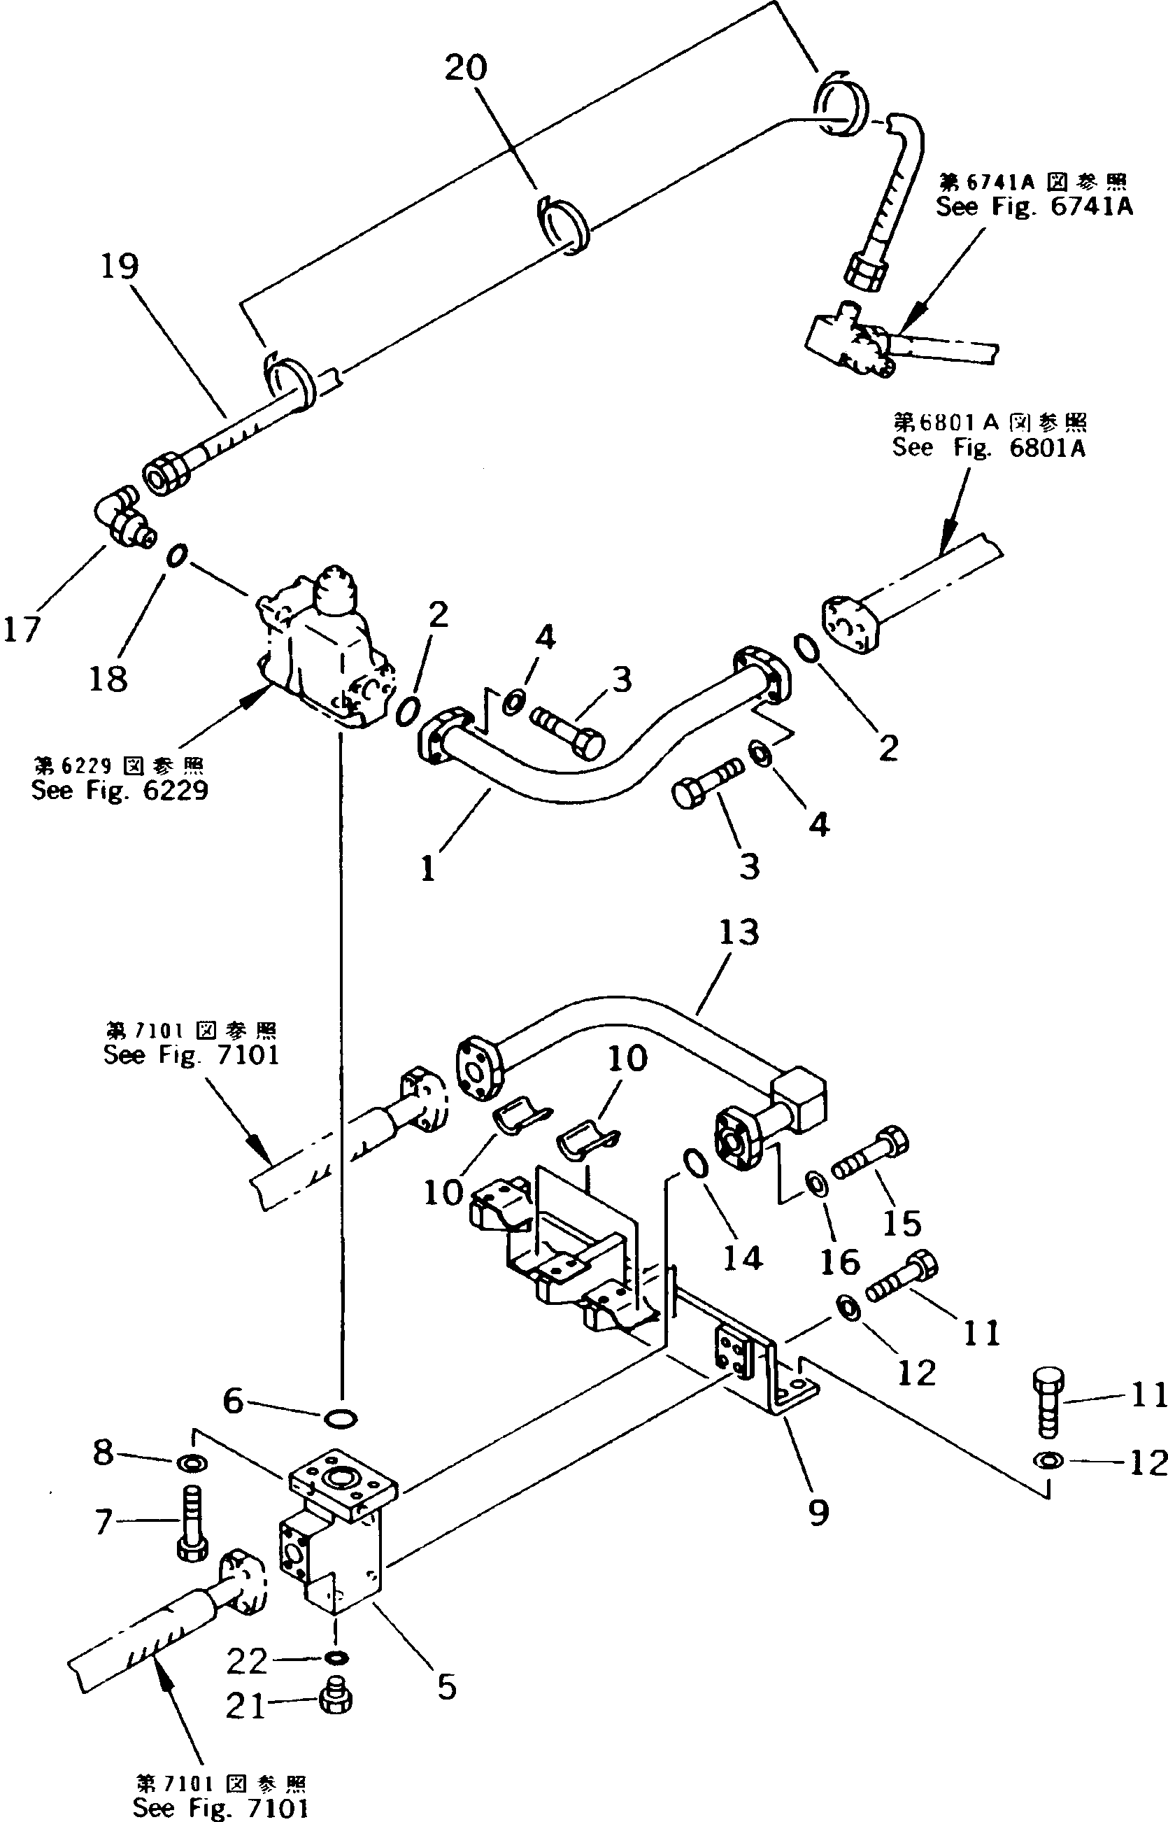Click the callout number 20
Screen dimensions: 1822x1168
(x=465, y=69)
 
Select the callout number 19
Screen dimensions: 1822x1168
(x=120, y=267)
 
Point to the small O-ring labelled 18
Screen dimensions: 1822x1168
(x=175, y=556)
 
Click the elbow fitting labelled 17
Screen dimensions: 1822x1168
(x=124, y=518)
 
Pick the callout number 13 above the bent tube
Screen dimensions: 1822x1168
(x=739, y=932)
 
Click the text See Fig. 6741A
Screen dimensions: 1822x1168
(x=1034, y=206)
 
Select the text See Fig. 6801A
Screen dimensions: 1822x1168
(x=988, y=448)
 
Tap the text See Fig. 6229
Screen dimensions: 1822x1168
(x=119, y=791)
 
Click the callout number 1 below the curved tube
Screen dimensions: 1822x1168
(x=429, y=868)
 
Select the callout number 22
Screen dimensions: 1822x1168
(x=248, y=1662)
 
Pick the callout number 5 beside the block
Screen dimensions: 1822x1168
(x=447, y=1688)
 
